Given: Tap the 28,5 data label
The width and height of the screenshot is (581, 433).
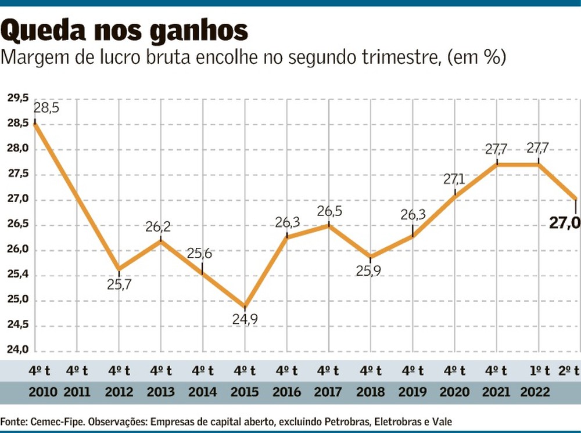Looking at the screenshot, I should (x=46, y=108).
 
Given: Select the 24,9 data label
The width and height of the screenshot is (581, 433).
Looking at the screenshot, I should (x=245, y=319).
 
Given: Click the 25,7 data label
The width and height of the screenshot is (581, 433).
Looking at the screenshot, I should (x=119, y=284).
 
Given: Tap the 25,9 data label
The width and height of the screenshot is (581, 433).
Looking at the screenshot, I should (x=370, y=270).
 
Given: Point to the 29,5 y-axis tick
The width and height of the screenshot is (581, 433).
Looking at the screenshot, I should (x=17, y=99).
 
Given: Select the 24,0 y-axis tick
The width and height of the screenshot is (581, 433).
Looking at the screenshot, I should (x=17, y=351).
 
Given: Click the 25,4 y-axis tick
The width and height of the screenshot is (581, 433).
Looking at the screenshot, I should (x=17, y=275).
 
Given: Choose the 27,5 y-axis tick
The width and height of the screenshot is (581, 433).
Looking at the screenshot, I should (x=17, y=174).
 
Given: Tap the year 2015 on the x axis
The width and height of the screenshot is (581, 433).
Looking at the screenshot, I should (x=245, y=392).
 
